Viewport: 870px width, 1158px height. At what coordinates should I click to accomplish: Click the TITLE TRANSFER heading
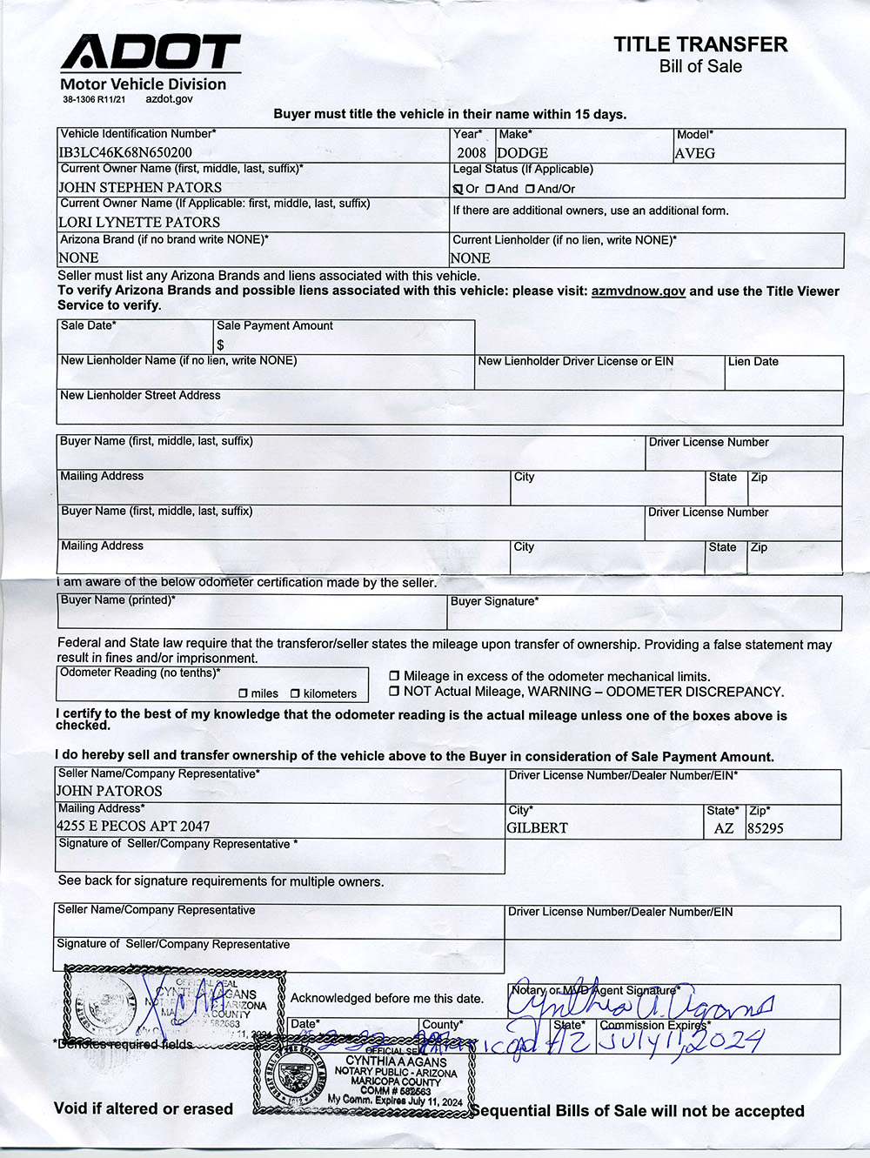click(x=700, y=44)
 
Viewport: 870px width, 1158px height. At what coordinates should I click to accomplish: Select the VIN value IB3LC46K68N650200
click(x=125, y=152)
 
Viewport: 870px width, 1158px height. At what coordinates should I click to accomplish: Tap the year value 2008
click(x=471, y=153)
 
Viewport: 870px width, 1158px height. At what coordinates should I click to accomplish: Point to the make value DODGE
click(x=522, y=153)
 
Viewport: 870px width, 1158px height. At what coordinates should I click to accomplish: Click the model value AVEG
click(x=695, y=153)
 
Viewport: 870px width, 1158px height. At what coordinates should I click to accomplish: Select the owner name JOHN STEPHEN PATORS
click(x=140, y=187)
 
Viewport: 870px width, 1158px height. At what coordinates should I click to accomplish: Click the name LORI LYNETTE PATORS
click(x=139, y=222)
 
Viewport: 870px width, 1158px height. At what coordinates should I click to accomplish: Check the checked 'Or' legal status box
click(x=458, y=189)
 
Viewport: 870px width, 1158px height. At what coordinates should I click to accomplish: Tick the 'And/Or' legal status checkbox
click(x=530, y=189)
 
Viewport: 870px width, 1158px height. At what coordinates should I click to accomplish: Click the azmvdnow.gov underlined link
click(x=638, y=291)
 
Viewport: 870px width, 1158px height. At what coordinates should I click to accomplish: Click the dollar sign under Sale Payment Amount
click(x=221, y=345)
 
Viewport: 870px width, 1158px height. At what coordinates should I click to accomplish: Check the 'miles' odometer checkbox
click(x=244, y=693)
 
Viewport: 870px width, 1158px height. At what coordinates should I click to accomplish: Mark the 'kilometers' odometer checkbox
click(x=295, y=693)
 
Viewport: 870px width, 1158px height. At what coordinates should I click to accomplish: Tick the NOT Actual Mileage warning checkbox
click(x=394, y=692)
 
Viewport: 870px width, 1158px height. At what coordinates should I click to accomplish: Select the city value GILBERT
click(x=537, y=827)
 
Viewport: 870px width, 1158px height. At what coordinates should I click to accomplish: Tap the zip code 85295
click(x=766, y=828)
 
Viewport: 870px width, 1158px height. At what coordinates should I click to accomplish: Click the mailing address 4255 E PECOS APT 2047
click(x=133, y=826)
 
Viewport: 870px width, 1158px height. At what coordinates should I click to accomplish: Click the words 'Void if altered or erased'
click(x=144, y=1108)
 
